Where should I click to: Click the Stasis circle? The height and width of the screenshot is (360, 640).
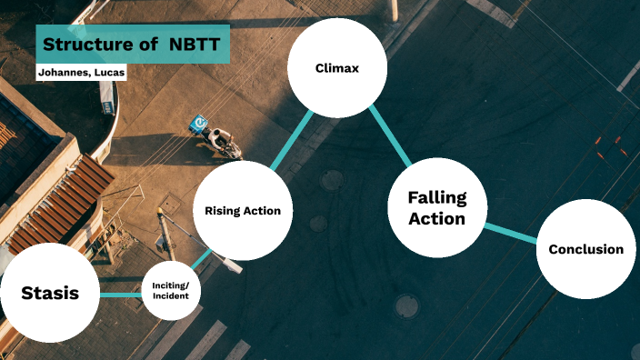click(50, 293)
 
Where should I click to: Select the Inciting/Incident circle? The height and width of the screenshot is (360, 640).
click(171, 291)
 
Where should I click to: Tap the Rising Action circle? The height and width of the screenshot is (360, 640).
click(243, 211)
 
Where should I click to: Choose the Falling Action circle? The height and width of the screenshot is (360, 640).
click(436, 208)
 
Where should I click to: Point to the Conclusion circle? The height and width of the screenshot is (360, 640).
click(585, 249)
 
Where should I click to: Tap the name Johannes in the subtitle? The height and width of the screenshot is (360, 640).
click(63, 72)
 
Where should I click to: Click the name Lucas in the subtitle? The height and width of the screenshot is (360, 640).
click(109, 72)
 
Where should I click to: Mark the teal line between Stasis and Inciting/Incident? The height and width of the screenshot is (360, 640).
click(121, 295)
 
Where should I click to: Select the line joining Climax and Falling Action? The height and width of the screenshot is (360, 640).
click(391, 136)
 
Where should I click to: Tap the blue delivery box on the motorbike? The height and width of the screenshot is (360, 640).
click(199, 122)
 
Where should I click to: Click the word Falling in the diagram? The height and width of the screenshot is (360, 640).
click(436, 197)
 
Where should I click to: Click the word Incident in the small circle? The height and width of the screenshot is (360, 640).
click(171, 297)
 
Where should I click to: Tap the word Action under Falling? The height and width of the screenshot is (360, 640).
click(436, 219)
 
